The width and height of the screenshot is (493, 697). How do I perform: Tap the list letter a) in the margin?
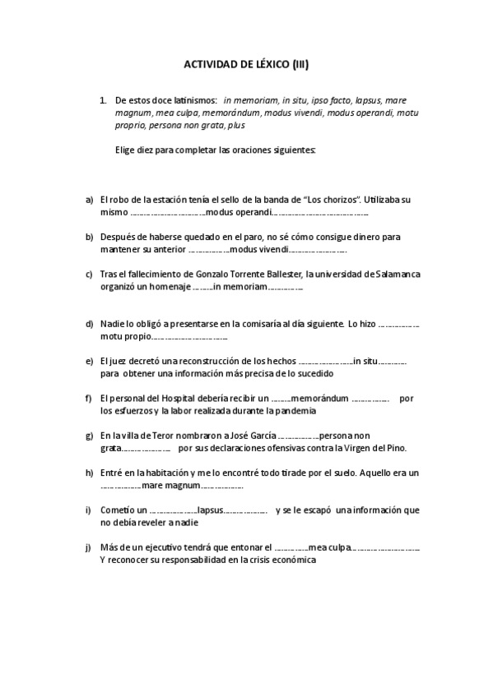coord(90,200)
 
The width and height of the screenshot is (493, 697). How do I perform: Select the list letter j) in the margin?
coord(89,547)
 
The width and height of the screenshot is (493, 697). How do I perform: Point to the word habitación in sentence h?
coord(167,473)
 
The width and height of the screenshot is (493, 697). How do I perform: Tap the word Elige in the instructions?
coord(126,150)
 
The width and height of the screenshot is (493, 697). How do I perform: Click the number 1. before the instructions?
coord(103,100)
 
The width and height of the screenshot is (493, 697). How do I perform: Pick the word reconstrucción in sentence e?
coord(215,361)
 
